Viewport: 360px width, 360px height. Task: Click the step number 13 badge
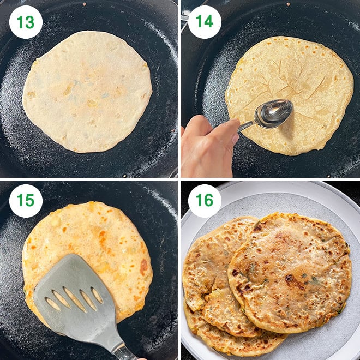tap(26, 22)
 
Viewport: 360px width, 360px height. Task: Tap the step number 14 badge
tap(205, 22)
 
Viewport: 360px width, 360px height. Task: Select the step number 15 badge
tap(26, 201)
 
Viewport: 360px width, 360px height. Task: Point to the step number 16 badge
tap(205, 201)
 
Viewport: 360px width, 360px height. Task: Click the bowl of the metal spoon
tap(275, 112)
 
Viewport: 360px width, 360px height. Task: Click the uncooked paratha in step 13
tap(87, 90)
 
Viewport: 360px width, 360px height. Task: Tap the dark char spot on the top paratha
tap(289, 278)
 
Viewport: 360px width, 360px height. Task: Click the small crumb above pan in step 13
tap(83, 4)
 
